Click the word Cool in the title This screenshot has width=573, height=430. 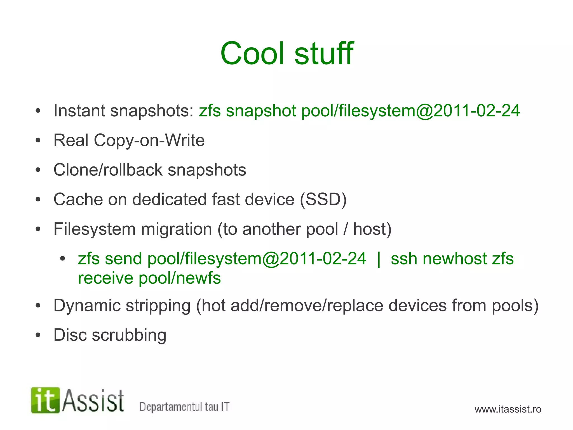pyautogui.click(x=253, y=53)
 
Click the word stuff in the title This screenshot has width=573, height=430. pyautogui.click(x=324, y=53)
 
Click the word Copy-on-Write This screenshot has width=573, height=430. pyautogui.click(x=149, y=140)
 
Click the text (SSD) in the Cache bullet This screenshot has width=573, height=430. pyautogui.click(x=323, y=199)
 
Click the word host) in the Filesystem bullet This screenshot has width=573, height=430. pyautogui.click(x=372, y=229)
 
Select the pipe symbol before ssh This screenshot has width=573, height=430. pyautogui.click(x=379, y=259)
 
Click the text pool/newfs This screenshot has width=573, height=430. pyautogui.click(x=180, y=278)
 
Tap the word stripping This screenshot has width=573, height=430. pyautogui.click(x=158, y=306)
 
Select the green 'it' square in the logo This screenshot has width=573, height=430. pyautogui.click(x=45, y=400)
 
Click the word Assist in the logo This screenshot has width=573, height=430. pyautogui.click(x=93, y=401)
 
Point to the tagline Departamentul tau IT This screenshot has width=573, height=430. pyautogui.click(x=184, y=407)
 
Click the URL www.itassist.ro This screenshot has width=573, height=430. pyautogui.click(x=508, y=409)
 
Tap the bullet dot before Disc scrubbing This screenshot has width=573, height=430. pyautogui.click(x=38, y=335)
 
